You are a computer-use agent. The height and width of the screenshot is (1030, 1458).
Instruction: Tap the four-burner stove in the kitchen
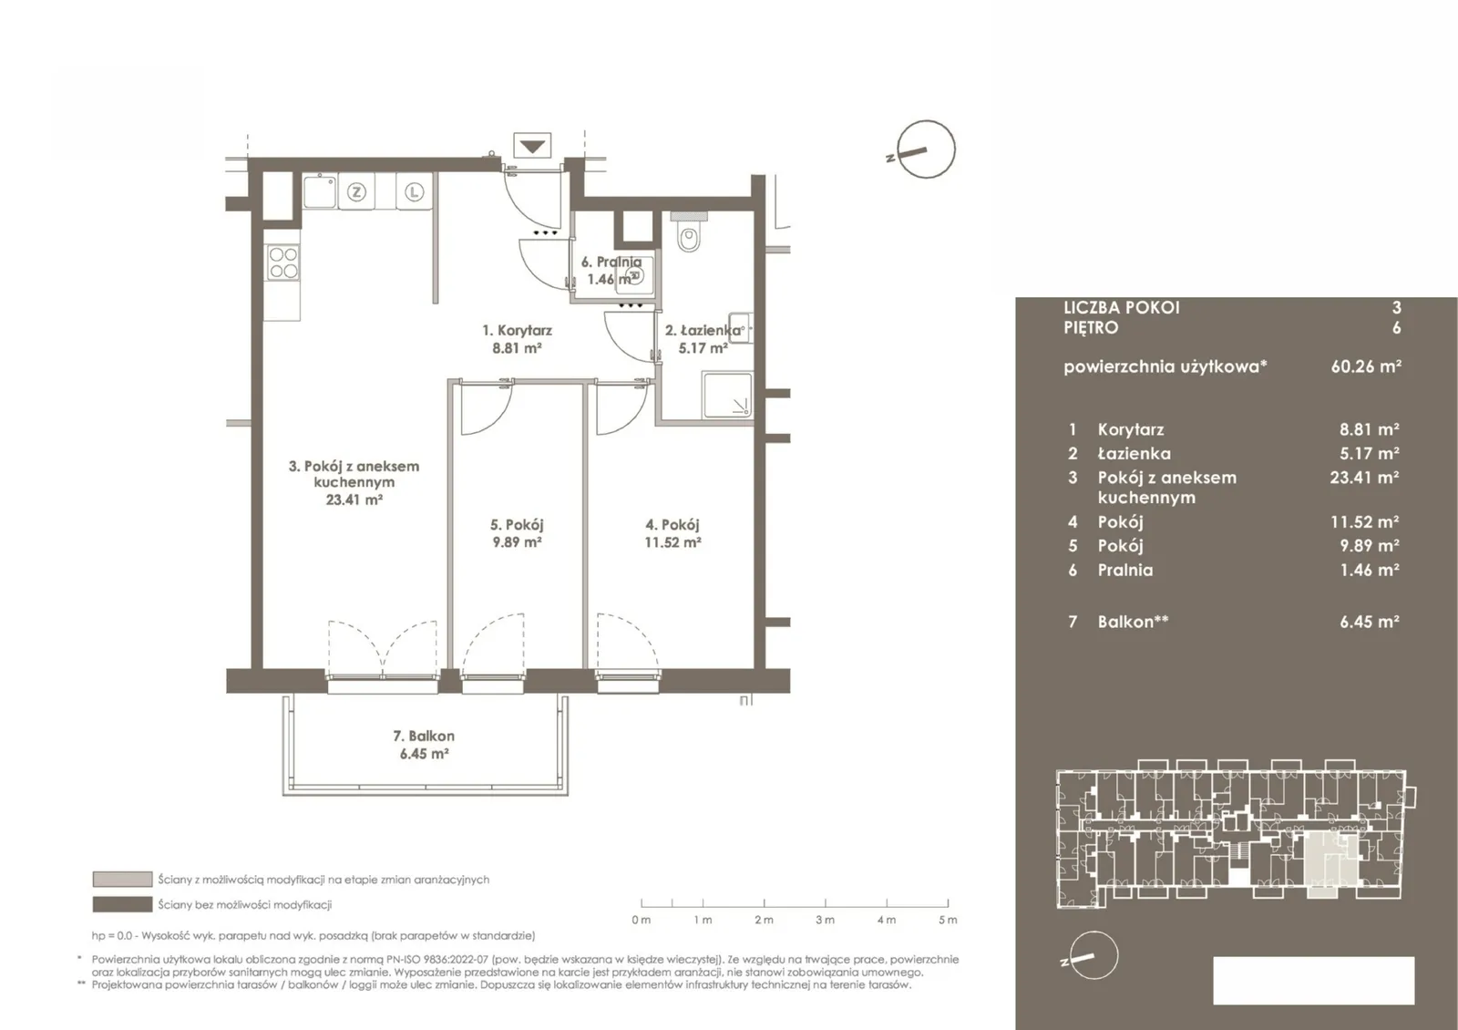pyautogui.click(x=283, y=263)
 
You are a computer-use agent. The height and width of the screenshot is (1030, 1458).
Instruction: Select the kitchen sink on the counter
pyautogui.click(x=320, y=191)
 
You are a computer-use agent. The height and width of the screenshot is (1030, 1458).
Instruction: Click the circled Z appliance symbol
pyautogui.click(x=356, y=192)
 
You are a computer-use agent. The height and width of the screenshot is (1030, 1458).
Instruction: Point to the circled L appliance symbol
pyautogui.click(x=414, y=192)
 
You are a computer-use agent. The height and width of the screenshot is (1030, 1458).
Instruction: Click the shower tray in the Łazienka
pyautogui.click(x=727, y=395)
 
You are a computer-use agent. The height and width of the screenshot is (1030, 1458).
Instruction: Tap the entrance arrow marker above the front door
pyautogui.click(x=532, y=146)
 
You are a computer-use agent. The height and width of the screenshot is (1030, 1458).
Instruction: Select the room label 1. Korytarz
pyautogui.click(x=517, y=330)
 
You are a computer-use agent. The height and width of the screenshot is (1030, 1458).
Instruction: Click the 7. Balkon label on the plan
pyautogui.click(x=424, y=736)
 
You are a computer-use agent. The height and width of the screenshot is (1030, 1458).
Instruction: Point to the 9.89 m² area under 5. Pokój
pyautogui.click(x=517, y=541)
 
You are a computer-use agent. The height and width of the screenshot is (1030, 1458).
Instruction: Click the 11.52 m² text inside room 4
pyautogui.click(x=673, y=541)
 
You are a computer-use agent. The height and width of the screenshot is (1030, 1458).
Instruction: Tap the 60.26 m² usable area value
pyautogui.click(x=1366, y=366)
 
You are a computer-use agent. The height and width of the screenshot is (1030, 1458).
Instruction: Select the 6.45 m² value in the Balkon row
pyautogui.click(x=1370, y=621)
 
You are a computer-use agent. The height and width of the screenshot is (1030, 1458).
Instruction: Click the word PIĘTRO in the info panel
pyautogui.click(x=1091, y=327)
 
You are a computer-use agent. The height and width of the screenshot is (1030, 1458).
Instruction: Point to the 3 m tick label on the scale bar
pyautogui.click(x=825, y=920)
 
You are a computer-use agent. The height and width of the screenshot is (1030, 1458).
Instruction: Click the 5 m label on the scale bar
pyautogui.click(x=948, y=920)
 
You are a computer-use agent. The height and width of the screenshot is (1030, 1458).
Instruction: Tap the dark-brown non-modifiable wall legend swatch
pyautogui.click(x=122, y=904)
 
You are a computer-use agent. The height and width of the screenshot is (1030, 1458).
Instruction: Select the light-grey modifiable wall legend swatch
pyautogui.click(x=122, y=880)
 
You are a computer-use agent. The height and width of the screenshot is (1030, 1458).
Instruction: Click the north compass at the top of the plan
pyautogui.click(x=925, y=149)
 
